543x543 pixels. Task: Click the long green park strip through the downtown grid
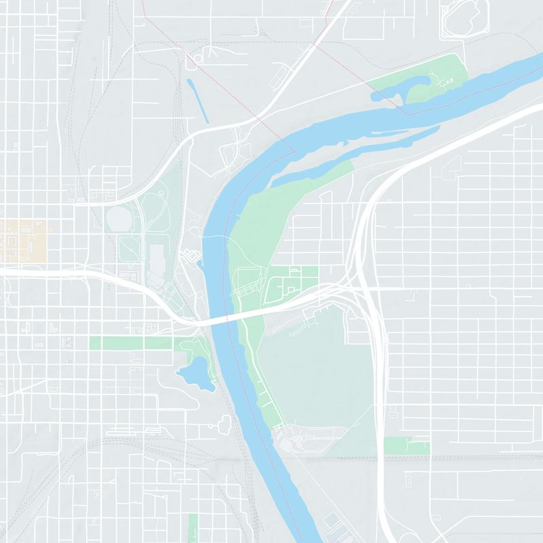[136, 343]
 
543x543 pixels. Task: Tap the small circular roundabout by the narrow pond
[198, 59]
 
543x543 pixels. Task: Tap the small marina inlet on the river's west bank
[192, 256]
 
